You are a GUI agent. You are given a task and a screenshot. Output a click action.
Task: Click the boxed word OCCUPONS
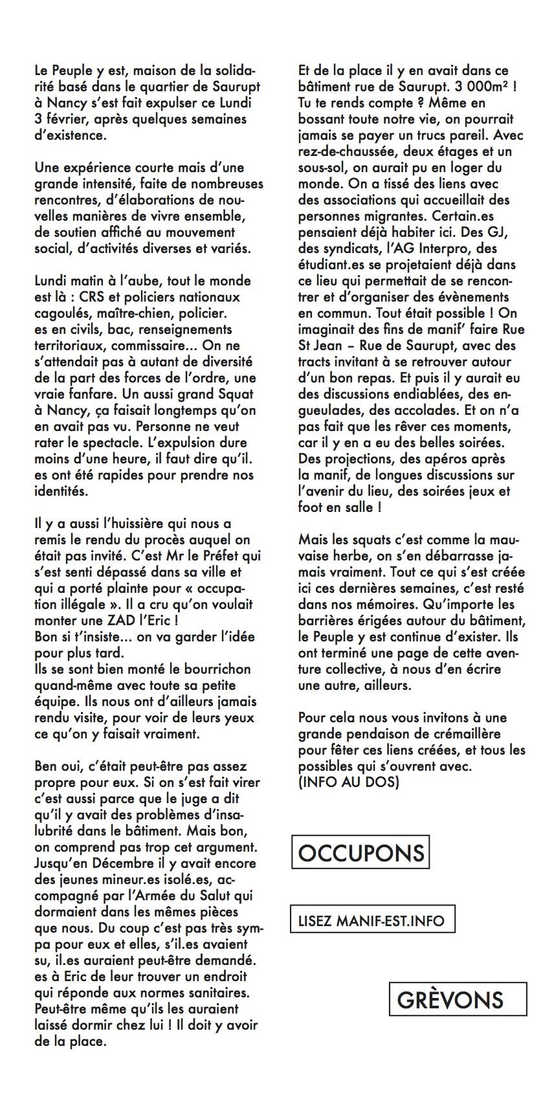(x=361, y=852)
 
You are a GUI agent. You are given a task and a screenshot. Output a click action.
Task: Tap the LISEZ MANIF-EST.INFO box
(x=371, y=920)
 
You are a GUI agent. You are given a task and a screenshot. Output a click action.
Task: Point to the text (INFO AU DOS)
(x=349, y=782)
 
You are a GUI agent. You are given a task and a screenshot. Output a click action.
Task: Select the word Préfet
(x=220, y=556)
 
